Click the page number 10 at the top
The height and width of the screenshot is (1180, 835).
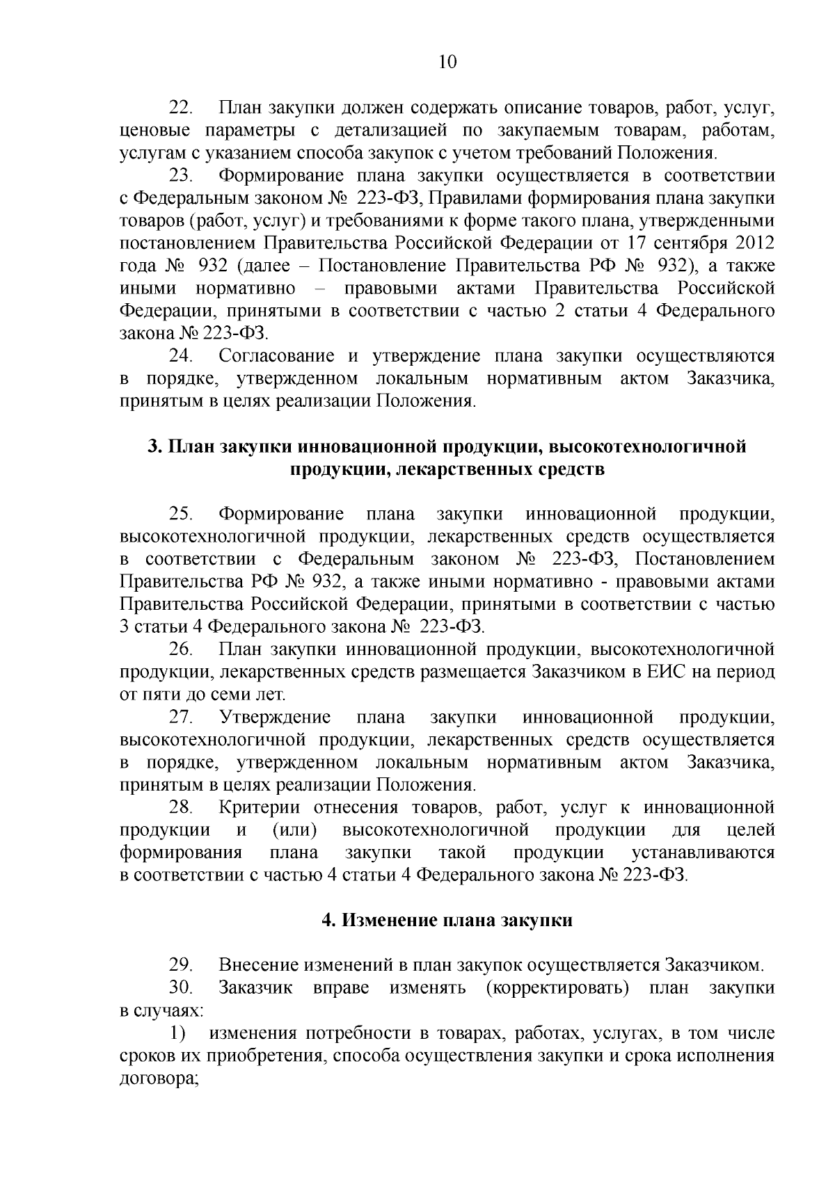[447, 63]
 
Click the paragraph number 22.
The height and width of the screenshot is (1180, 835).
[182, 108]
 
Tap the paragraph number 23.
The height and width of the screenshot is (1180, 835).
[182, 176]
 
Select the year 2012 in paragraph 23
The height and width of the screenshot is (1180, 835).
[755, 243]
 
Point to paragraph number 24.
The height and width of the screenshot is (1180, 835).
[182, 356]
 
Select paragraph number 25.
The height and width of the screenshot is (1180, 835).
[182, 514]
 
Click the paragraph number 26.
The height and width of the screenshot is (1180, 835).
[182, 649]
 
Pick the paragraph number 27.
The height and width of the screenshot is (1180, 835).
[182, 717]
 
